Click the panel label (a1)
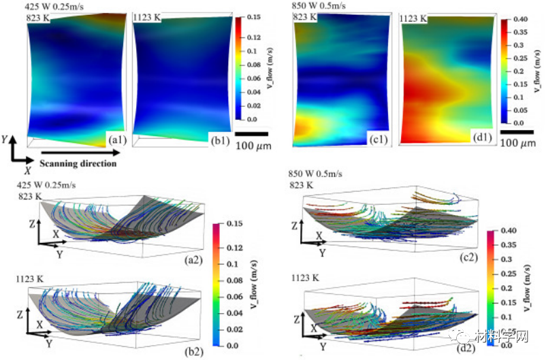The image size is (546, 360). (113, 140)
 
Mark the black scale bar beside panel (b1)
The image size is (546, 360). (251, 134)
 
